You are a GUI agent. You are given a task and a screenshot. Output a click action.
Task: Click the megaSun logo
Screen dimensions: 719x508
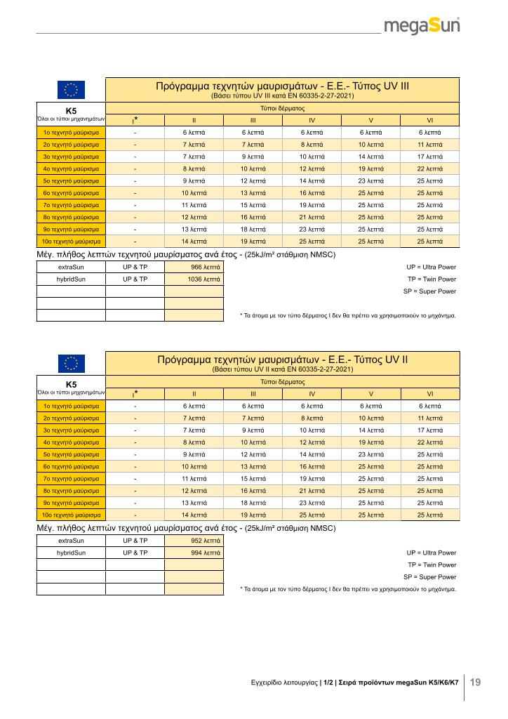pyautogui.click(x=421, y=27)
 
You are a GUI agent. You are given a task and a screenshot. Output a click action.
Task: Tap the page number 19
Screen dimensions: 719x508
pyautogui.click(x=475, y=682)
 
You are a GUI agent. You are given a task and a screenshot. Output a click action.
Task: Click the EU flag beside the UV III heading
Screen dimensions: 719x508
pyautogui.click(x=71, y=90)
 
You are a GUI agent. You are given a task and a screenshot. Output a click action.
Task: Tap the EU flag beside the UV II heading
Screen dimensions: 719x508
pyautogui.click(x=71, y=363)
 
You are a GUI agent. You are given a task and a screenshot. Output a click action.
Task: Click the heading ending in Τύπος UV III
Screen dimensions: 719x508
pyautogui.click(x=282, y=86)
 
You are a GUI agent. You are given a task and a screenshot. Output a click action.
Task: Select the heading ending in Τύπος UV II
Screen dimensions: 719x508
pyautogui.click(x=282, y=359)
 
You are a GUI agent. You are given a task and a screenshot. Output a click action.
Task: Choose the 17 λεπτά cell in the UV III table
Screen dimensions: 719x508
pyautogui.click(x=430, y=156)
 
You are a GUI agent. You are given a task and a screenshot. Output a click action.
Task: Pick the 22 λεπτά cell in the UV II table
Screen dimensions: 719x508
pyautogui.click(x=430, y=442)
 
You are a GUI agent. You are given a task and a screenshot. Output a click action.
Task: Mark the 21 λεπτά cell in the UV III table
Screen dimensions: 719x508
pyautogui.click(x=312, y=217)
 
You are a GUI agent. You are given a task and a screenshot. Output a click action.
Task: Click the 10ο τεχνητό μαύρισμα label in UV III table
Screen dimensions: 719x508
pyautogui.click(x=71, y=241)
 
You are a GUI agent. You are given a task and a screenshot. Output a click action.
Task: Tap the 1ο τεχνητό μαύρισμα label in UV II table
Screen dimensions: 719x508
pyautogui.click(x=71, y=405)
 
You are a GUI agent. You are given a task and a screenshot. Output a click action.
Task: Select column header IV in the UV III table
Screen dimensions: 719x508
pyautogui.click(x=312, y=119)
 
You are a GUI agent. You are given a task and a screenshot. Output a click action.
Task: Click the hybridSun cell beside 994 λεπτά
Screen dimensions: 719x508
pyautogui.click(x=71, y=553)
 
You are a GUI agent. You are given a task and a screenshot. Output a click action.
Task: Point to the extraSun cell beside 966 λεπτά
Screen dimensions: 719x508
pyautogui.click(x=71, y=267)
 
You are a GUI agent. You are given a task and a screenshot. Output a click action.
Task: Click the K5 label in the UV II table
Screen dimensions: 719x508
pyautogui.click(x=71, y=384)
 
